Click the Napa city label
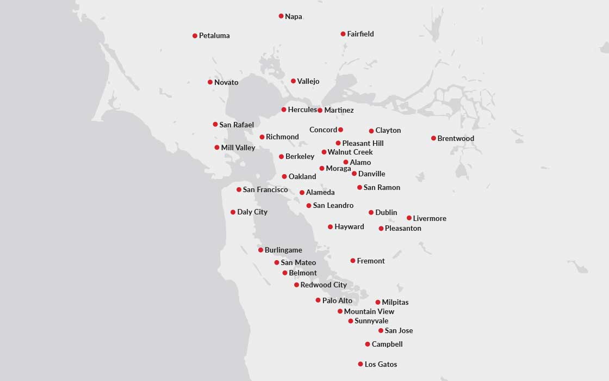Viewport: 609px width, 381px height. [294, 17]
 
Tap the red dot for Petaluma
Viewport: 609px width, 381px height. [195, 36]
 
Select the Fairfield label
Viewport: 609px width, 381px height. [361, 34]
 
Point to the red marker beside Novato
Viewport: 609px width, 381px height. [210, 82]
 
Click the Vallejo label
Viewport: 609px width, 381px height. [308, 82]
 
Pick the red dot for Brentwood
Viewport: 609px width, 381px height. [433, 138]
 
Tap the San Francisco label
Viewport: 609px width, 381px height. [265, 190]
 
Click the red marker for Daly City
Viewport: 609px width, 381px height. [233, 212]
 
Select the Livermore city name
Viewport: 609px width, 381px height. [430, 219]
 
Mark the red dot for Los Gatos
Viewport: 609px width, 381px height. [361, 364]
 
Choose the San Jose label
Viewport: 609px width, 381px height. [399, 331]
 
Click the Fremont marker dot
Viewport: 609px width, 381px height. [353, 261]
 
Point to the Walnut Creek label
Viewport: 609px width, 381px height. [350, 152]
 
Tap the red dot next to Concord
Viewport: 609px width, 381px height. [340, 130]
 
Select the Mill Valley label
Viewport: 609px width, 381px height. [238, 148]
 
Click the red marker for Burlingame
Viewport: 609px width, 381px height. [260, 250]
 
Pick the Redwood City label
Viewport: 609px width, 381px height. [324, 285]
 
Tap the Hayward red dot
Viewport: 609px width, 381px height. [330, 227]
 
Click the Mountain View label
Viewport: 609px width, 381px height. [369, 312]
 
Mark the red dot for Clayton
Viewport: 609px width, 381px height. [371, 131]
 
